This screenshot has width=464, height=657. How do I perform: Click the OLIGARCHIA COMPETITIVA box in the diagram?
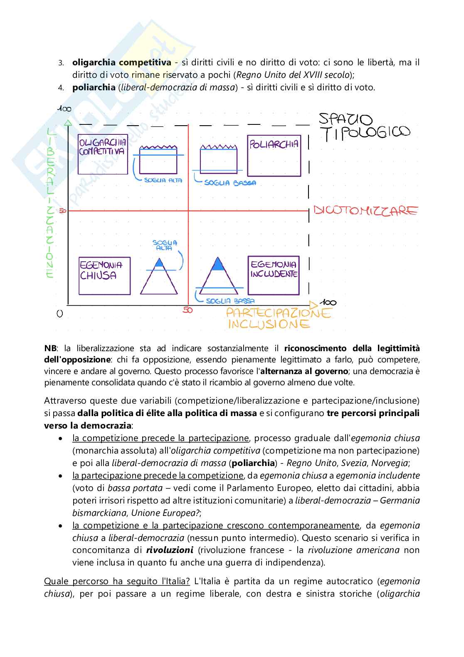coord(103,155)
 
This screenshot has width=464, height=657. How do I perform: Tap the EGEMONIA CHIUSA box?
coord(104,276)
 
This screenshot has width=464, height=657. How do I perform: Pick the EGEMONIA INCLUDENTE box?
coord(274,275)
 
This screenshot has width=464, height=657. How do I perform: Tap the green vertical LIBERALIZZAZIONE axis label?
coord(51,202)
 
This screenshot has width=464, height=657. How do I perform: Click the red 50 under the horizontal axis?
coord(188,310)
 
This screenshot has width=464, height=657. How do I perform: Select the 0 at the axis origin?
coord(60,314)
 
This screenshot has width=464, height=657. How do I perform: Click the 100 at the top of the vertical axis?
coord(64,109)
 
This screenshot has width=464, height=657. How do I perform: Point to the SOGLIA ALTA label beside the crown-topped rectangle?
coord(160,180)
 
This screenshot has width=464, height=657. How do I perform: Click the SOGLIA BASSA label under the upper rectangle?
coord(230,183)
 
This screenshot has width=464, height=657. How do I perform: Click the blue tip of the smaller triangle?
coord(158,263)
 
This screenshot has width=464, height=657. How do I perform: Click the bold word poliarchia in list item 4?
coord(94,87)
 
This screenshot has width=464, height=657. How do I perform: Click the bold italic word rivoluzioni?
coord(169,550)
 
